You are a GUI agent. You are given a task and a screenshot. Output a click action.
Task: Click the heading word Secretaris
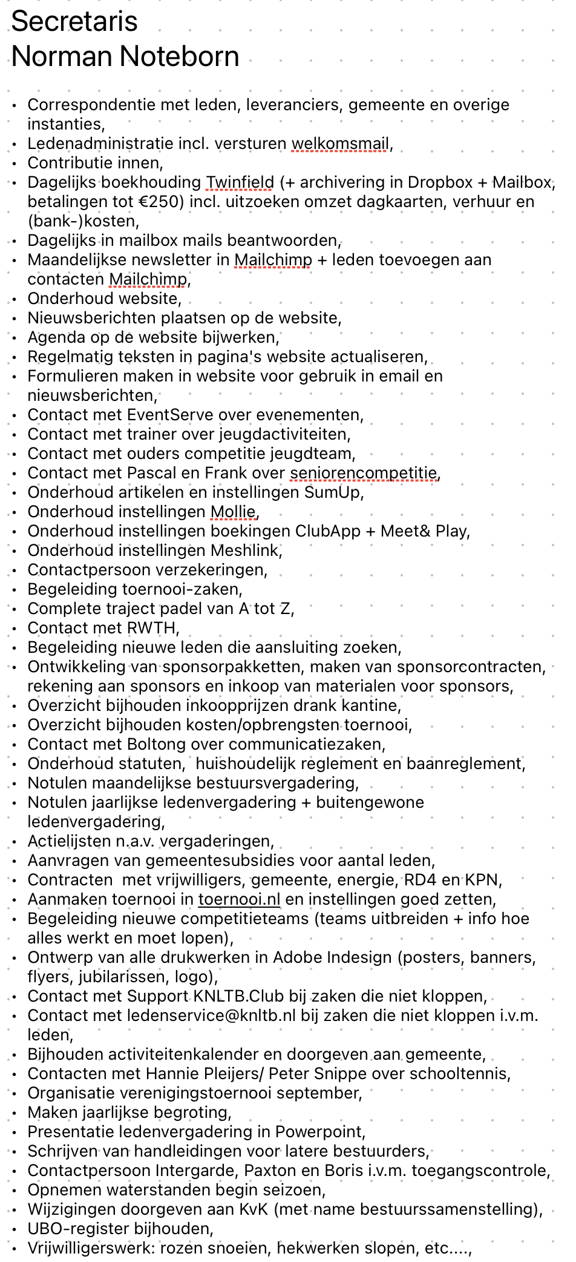pyautogui.click(x=74, y=22)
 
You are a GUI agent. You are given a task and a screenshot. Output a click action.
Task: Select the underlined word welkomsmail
pyautogui.click(x=340, y=144)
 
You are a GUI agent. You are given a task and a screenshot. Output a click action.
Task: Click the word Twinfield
pyautogui.click(x=240, y=182)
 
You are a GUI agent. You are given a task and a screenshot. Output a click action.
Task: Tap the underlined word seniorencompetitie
pyautogui.click(x=364, y=473)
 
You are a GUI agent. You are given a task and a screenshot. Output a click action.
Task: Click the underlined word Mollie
pyautogui.click(x=233, y=512)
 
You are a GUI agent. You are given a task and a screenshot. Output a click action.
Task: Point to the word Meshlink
pyautogui.click(x=245, y=550)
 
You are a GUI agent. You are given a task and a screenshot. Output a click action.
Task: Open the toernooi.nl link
pyautogui.click(x=239, y=899)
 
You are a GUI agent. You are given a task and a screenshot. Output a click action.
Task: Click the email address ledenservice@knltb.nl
pyautogui.click(x=212, y=1016)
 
